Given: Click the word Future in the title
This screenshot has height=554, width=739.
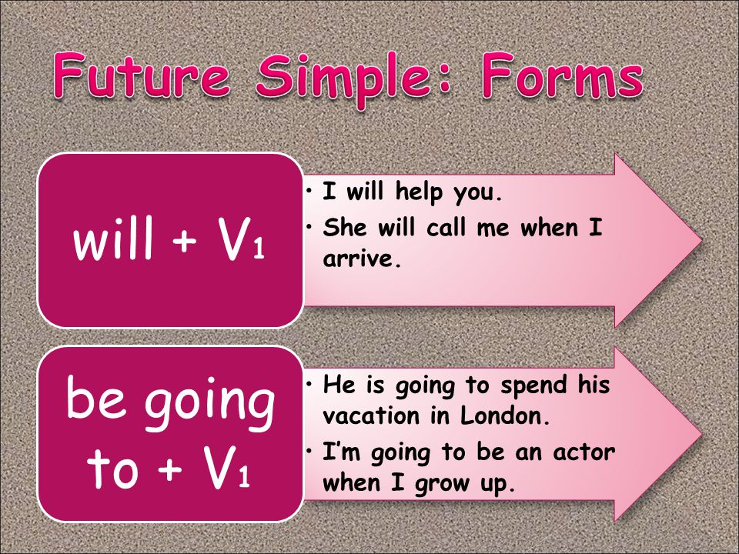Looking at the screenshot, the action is coord(142,75).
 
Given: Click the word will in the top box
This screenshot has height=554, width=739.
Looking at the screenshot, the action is coord(114,238).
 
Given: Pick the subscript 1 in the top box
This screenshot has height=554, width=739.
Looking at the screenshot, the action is coord(259,249).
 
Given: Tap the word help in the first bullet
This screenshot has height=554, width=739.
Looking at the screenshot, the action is coord(419,192).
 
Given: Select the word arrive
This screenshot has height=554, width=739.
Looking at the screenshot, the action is coord(362,259).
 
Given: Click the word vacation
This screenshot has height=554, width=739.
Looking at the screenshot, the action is coord(371,415).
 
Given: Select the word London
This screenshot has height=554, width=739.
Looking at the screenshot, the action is coord(503,415).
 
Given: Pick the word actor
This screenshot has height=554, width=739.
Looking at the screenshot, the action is coord(584,452).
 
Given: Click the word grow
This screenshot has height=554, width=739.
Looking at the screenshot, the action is coord(443,483).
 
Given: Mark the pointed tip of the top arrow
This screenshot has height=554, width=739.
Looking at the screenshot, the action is coord(702,240).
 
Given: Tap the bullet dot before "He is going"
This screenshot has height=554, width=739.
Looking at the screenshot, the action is coord(309,385).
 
